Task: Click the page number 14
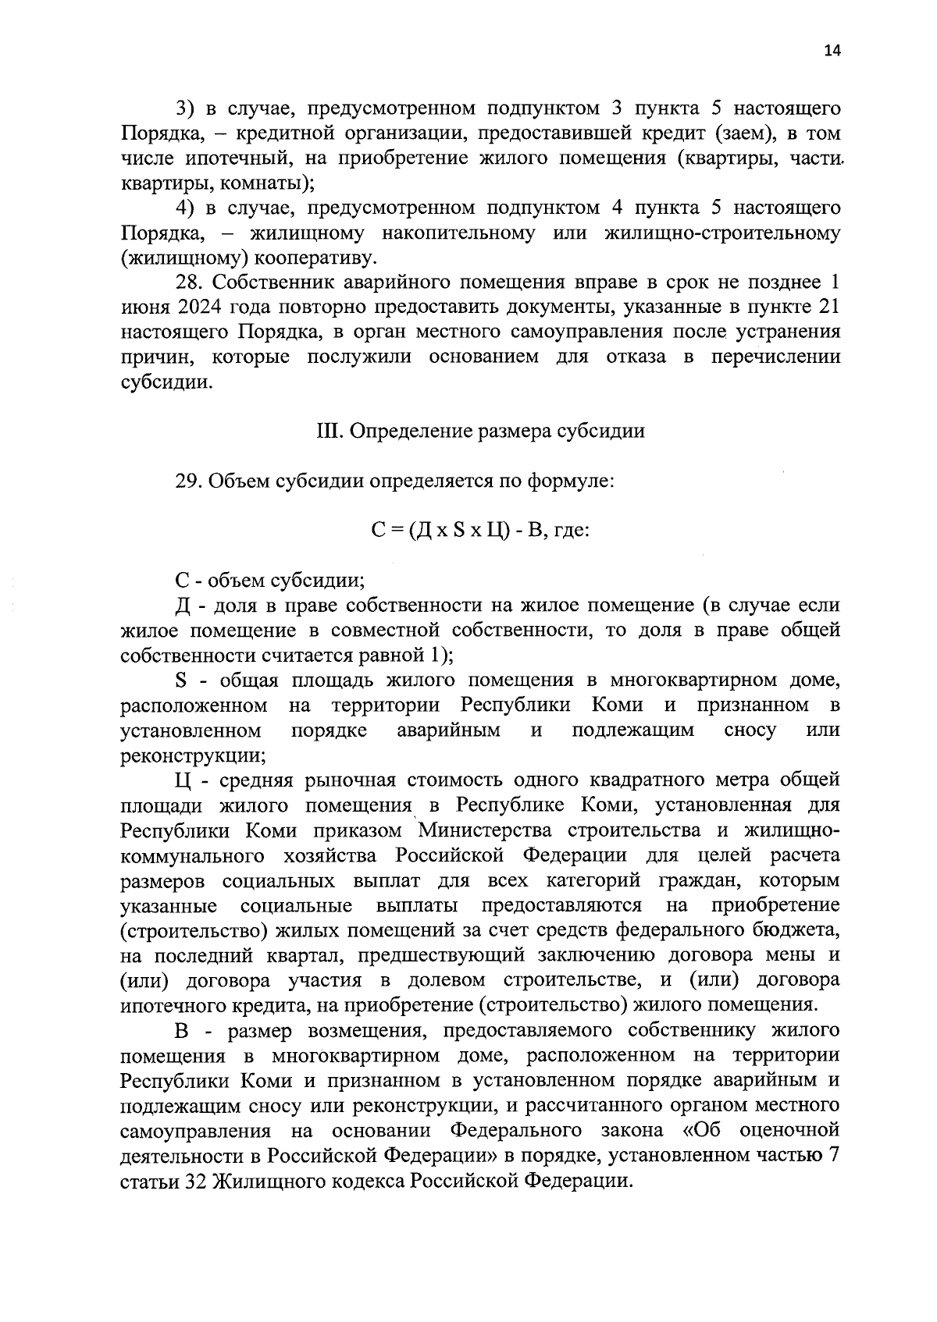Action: [x=832, y=52]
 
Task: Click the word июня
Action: [x=145, y=307]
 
